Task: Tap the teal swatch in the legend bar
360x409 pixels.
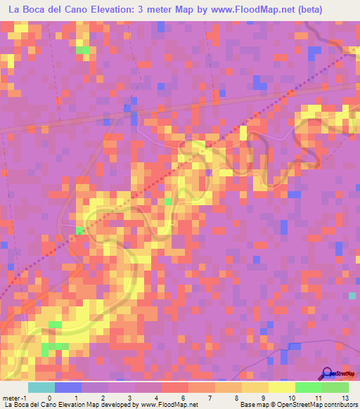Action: pyautogui.click(x=41, y=387)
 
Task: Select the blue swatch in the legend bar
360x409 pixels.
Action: pyautogui.click(x=68, y=387)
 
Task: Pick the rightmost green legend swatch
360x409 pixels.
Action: pyautogui.click(x=335, y=387)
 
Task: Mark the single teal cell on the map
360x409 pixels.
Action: pyautogui.click(x=352, y=296)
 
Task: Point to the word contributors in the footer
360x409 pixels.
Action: pyautogui.click(x=340, y=404)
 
